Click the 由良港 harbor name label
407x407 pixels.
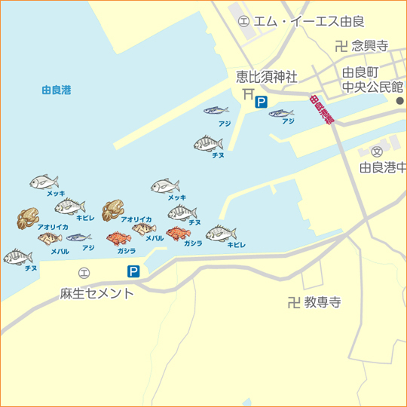(56, 90)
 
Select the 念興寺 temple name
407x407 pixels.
(369, 46)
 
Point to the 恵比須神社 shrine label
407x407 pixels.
(266, 77)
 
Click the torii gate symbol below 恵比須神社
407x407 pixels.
(248, 93)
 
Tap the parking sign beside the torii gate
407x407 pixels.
(261, 102)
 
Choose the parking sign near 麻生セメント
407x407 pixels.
(133, 271)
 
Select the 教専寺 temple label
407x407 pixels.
(323, 303)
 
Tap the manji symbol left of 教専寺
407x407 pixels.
(293, 303)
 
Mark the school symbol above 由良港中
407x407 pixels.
(376, 151)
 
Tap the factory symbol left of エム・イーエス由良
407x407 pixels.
(243, 22)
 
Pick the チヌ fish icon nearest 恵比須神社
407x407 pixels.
(209, 143)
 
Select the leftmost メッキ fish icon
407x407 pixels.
(44, 182)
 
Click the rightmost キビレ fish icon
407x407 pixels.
(222, 234)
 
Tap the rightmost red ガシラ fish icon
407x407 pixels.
(179, 234)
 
